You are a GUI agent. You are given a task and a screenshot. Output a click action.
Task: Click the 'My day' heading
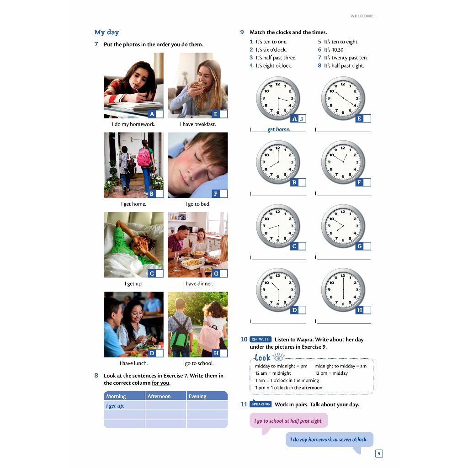pos(106,32)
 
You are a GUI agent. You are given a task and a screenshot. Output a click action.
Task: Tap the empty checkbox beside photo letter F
pos(223,194)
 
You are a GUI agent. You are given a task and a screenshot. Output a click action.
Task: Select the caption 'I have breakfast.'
pos(197,124)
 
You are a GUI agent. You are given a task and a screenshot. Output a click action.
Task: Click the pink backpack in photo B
pos(144,158)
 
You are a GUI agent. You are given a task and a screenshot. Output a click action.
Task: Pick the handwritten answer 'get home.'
pos(279,129)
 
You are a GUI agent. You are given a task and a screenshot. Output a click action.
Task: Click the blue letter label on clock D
pos(294,310)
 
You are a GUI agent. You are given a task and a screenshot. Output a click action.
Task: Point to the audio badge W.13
pos(261,340)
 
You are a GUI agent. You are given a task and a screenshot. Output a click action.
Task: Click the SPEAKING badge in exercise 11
pos(261,404)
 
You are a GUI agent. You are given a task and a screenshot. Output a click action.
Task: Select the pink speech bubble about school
pos(288,421)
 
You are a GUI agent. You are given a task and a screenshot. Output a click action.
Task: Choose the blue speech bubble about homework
pos(329,440)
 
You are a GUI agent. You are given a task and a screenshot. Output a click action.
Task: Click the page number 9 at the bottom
pos(378,453)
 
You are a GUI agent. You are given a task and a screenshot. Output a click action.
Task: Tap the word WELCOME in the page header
pos(362,16)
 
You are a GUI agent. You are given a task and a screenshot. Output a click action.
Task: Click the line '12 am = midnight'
pos(273,373)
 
